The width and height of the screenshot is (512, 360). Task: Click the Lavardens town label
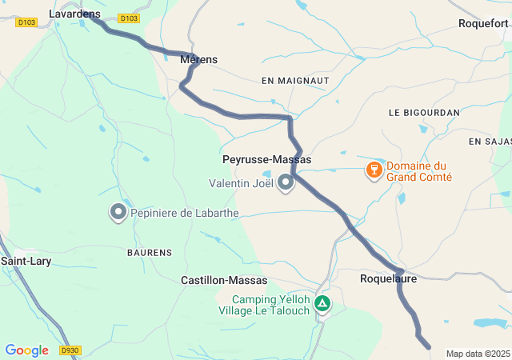74,14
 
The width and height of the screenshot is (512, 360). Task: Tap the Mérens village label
199,59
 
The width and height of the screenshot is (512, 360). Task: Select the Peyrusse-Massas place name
266,160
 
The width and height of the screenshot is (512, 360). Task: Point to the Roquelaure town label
389,279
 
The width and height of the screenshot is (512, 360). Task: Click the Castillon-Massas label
224,280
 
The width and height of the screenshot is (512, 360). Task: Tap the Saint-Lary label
26,261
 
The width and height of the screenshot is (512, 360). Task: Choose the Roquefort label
483,23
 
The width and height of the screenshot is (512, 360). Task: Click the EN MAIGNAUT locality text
295,81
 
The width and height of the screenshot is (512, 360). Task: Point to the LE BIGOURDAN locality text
424,113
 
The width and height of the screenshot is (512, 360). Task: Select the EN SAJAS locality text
490,141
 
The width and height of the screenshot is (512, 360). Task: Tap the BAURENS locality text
150,252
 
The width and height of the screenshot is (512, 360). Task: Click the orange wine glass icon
373,170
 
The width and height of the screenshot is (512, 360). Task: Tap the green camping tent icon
322,303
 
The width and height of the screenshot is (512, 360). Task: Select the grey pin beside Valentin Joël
286,183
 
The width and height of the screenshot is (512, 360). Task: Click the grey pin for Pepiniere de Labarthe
118,212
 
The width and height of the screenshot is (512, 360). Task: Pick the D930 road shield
71,350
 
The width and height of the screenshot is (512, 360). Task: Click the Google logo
26,350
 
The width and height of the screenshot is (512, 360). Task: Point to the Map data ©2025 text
478,354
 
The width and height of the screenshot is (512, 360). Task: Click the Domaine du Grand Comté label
419,171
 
